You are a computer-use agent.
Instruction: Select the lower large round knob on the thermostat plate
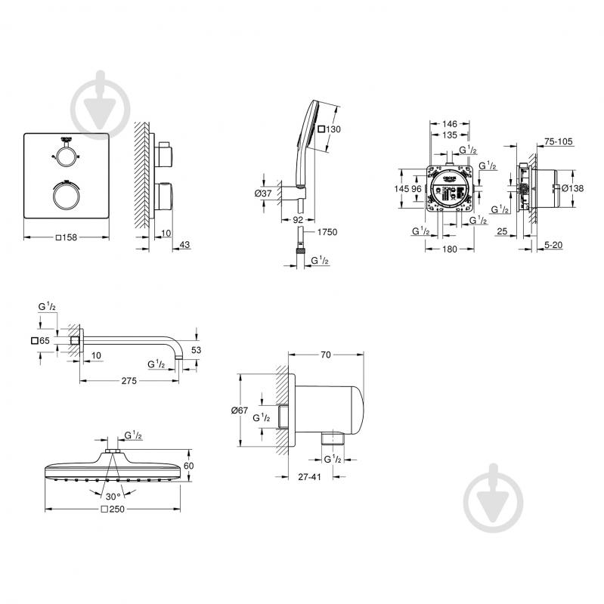[67, 196]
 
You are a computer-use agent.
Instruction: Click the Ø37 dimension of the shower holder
[264, 194]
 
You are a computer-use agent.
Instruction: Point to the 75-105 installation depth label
[558, 141]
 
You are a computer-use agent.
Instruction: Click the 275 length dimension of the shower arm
[129, 381]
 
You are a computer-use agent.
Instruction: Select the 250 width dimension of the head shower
[113, 510]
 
